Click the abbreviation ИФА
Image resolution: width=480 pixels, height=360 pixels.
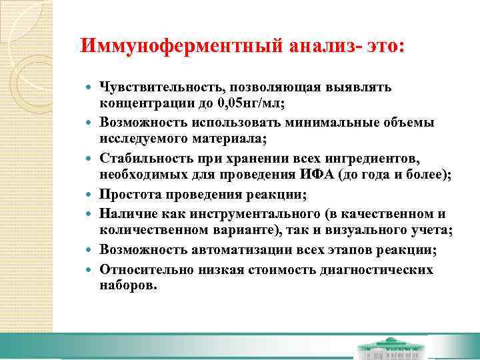pyautogui.click(x=319, y=175)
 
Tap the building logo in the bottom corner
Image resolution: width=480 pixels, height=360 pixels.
pyautogui.click(x=390, y=351)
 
